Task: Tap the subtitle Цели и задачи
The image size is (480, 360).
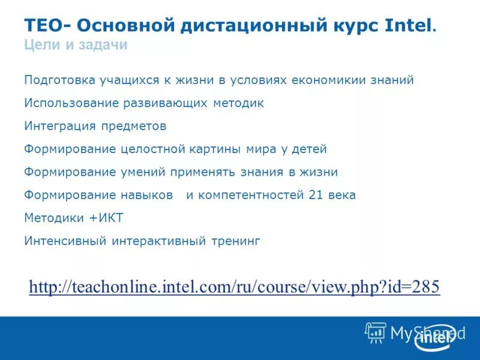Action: click(76, 46)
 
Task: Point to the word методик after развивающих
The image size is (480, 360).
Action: click(238, 103)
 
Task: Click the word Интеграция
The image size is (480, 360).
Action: click(58, 127)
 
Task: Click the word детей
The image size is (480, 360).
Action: click(306, 149)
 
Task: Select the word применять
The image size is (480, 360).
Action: click(203, 172)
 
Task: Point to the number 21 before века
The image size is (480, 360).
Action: click(316, 196)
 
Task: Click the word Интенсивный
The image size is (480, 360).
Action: click(65, 241)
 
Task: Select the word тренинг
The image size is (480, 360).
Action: click(235, 241)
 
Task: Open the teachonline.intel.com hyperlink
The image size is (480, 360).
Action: click(234, 287)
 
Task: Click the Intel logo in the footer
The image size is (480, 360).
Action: click(433, 337)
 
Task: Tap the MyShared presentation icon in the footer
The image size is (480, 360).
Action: click(376, 332)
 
